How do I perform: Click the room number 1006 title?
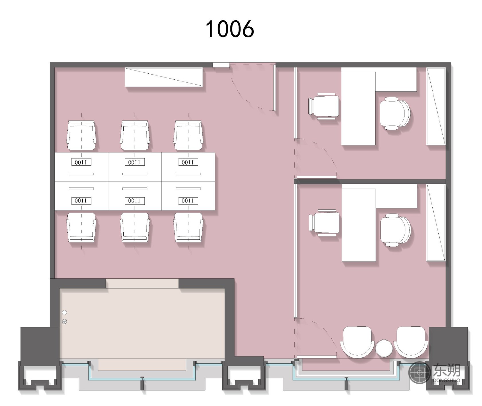coord(230,29)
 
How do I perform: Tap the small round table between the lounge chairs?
coord(384,348)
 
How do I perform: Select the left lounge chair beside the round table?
coord(357,342)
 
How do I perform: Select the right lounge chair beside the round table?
coord(411,342)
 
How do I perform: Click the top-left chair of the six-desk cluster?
coord(81,135)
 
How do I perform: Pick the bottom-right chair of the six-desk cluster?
coord(188,227)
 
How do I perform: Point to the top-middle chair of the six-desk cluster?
coord(135,135)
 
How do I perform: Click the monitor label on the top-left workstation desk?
coord(81,162)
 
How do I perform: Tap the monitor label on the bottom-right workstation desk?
coord(188,201)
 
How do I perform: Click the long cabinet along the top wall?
coord(164,77)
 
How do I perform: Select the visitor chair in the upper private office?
coord(324,106)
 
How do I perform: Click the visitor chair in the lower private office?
coord(324,222)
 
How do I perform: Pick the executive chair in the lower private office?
coord(396,230)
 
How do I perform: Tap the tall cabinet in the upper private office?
coord(436,106)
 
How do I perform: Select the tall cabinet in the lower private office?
coord(436,223)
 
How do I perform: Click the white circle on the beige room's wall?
coord(65,313)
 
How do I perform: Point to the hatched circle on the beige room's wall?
coord(65,322)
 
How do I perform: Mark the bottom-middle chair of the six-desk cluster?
coord(135,227)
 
